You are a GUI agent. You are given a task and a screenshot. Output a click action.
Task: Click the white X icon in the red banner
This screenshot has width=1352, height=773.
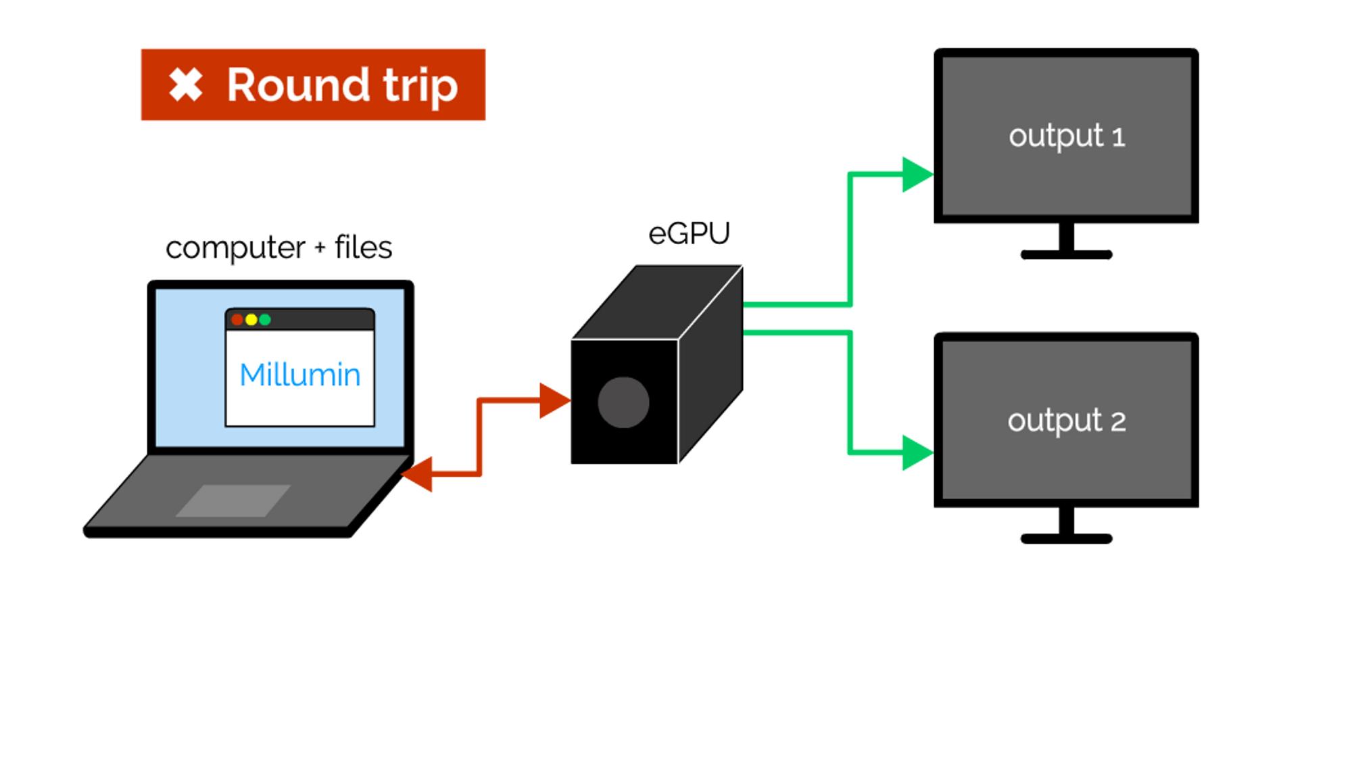pos(185,85)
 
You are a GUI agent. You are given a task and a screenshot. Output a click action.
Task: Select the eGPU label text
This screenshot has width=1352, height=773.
pos(689,234)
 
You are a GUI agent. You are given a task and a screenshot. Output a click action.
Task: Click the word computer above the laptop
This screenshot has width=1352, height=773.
pos(235,248)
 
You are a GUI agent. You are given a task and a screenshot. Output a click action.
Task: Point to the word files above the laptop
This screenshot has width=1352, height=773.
pos(363,248)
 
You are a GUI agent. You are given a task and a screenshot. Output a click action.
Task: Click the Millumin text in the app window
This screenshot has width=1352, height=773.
pos(299,375)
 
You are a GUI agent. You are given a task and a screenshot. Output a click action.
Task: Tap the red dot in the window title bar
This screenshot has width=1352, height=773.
pos(237,319)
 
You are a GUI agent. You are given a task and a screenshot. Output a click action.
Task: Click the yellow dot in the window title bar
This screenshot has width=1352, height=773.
pos(251,319)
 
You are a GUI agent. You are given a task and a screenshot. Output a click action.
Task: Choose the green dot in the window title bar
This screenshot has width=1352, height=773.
pos(265,319)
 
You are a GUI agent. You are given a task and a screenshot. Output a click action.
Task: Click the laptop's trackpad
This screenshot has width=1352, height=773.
pos(233,500)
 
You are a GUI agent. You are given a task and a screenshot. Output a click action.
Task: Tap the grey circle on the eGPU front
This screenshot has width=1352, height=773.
pos(623,402)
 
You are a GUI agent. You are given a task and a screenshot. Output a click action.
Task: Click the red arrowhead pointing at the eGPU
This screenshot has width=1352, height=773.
pos(554,400)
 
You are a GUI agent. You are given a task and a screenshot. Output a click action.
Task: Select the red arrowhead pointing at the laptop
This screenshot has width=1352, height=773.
pos(418,474)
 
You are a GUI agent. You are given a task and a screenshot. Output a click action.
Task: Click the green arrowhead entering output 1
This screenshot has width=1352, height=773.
pos(916,174)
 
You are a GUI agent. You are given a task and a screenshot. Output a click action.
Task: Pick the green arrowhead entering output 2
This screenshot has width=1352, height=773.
pos(916,452)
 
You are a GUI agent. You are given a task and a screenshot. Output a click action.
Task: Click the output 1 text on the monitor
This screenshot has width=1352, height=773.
pos(1066,137)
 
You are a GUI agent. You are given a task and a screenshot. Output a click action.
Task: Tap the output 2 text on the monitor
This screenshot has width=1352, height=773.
pos(1066,421)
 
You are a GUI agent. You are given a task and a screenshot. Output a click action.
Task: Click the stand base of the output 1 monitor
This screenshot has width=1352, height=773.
pos(1066,255)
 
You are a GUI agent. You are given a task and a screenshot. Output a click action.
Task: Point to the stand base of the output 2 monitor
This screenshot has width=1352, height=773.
pos(1066,539)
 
